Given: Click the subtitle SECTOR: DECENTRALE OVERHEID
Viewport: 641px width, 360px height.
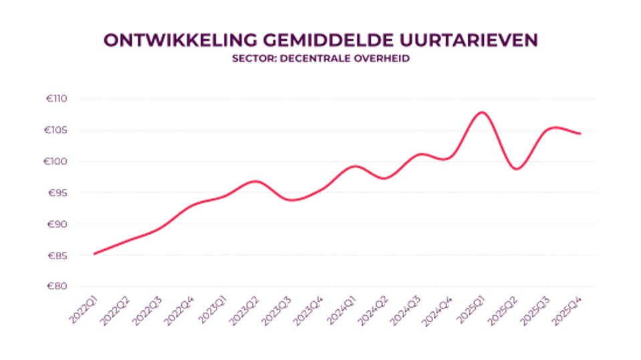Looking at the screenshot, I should pyautogui.click(x=320, y=59).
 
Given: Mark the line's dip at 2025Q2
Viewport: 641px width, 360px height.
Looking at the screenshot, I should pyautogui.click(x=517, y=169).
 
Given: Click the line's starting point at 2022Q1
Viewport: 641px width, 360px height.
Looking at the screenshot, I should pyautogui.click(x=94, y=254).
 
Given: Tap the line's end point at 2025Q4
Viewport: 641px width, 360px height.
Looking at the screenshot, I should pyautogui.click(x=580, y=134).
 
